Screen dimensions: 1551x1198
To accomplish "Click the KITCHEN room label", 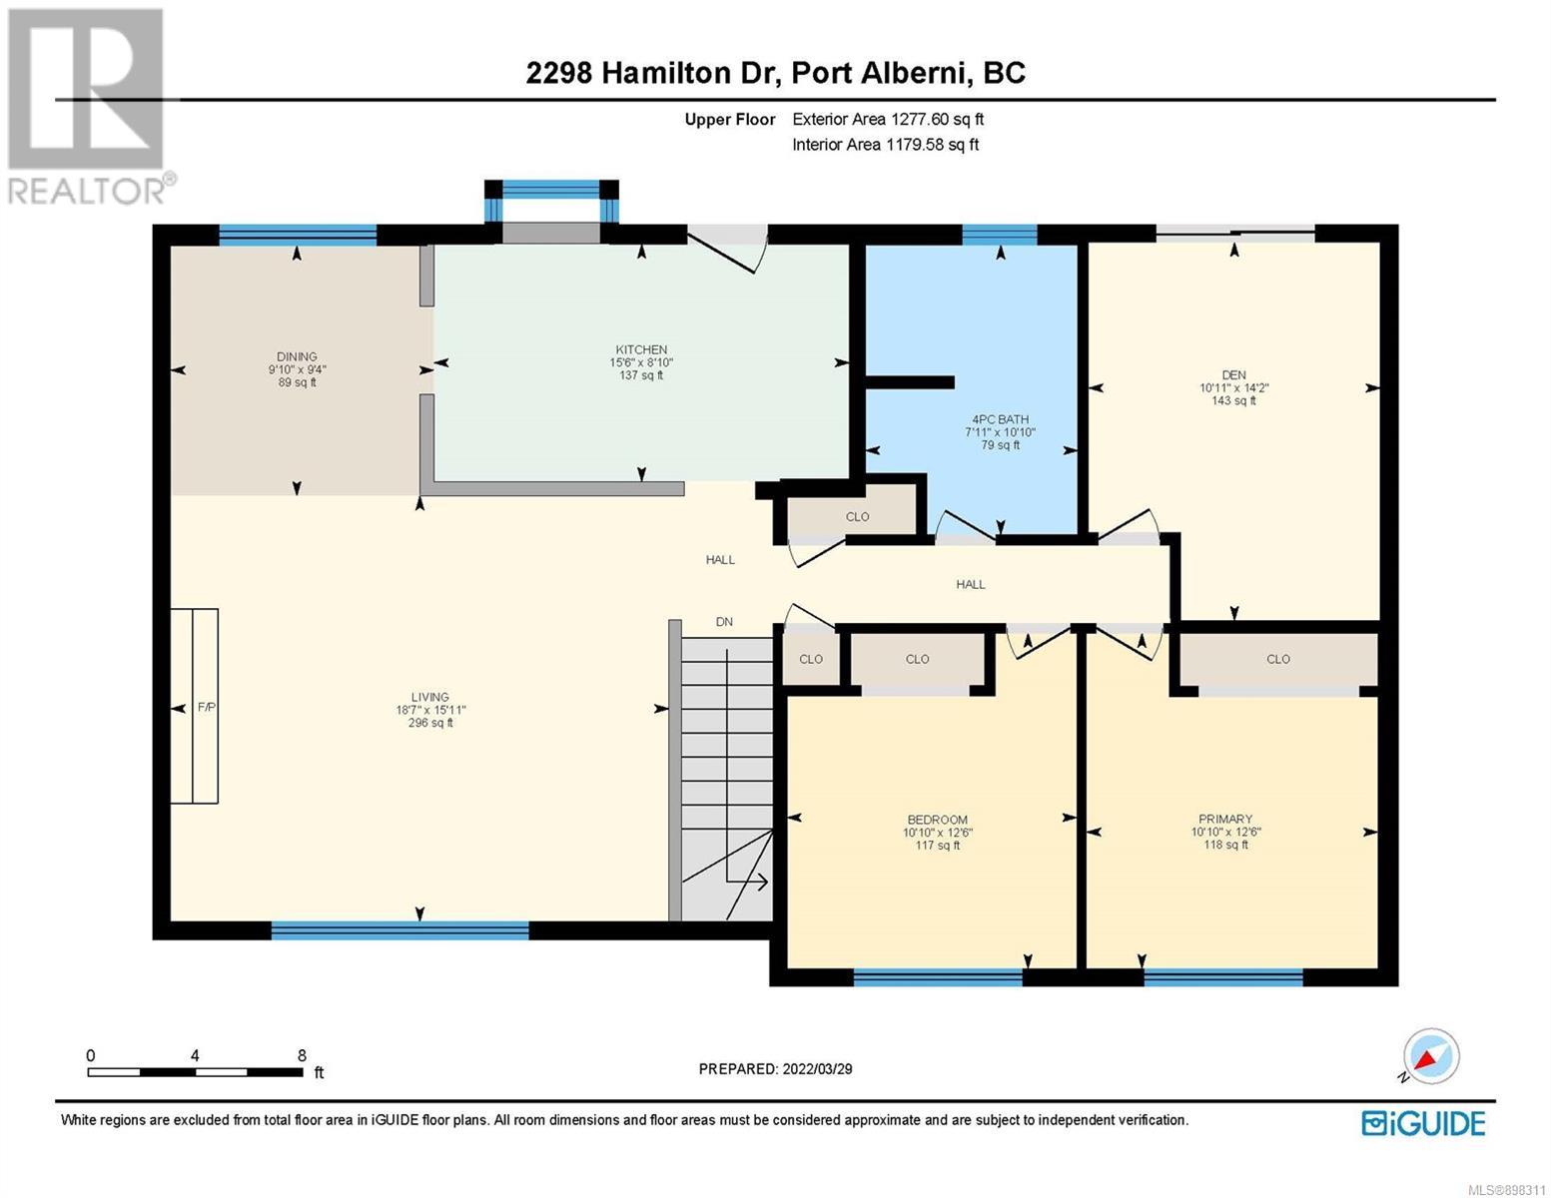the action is tap(641, 349).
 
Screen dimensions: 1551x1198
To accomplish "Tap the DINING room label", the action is tap(297, 356).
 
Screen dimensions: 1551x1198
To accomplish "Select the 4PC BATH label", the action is tap(1000, 419).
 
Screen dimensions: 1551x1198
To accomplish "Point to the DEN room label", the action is tap(1233, 375).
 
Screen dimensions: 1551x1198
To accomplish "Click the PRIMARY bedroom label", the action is tap(1225, 819).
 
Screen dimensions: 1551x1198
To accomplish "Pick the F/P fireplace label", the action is tap(207, 708).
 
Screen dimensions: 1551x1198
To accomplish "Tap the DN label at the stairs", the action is tap(724, 622).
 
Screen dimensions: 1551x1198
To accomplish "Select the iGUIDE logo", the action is tap(1423, 1123).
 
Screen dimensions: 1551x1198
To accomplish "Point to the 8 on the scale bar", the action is tap(302, 1055).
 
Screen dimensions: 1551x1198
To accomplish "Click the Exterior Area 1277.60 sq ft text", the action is tap(888, 119).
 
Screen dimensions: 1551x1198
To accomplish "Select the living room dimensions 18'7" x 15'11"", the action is tap(430, 710).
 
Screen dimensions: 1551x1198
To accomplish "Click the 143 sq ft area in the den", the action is tap(1233, 401).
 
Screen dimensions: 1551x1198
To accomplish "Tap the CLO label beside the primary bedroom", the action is tap(1277, 659).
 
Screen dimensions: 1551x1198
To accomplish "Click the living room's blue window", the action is tap(399, 930).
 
